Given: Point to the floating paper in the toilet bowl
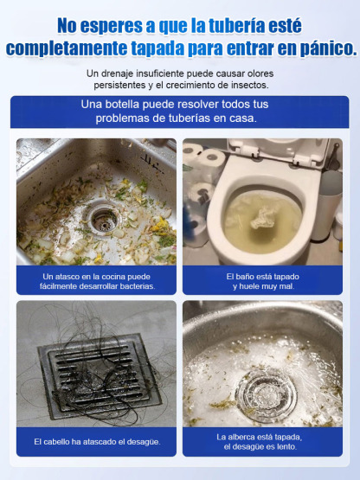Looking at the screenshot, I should (261, 219).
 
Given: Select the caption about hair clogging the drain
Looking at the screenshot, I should (96, 442).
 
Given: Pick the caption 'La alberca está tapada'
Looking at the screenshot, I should (262, 441).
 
